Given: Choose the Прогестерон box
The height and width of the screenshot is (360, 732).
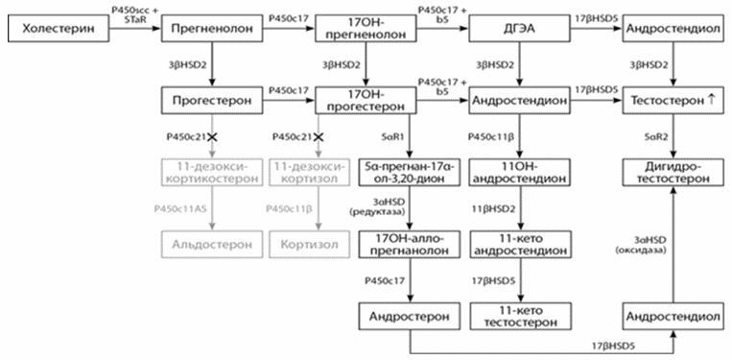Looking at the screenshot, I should [x=209, y=100].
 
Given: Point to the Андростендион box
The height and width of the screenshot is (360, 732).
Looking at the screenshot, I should [x=516, y=100].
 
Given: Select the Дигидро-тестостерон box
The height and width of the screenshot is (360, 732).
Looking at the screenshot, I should [x=669, y=171].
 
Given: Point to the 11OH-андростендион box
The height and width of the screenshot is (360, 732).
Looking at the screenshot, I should [x=516, y=171].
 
